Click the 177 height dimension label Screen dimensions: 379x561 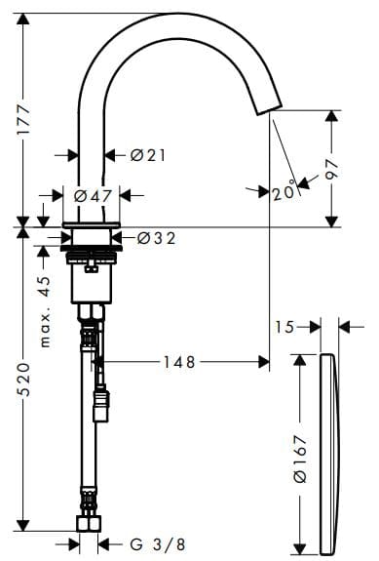[x=24, y=120]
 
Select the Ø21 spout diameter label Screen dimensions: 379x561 [x=148, y=155]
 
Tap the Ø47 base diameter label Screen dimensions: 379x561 [x=93, y=196]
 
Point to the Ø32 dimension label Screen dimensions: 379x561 [x=157, y=238]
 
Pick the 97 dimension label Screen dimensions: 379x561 [x=332, y=169]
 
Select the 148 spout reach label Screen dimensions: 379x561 [x=179, y=362]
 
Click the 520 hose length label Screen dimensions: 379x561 [x=24, y=380]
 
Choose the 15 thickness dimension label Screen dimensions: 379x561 [x=284, y=327]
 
